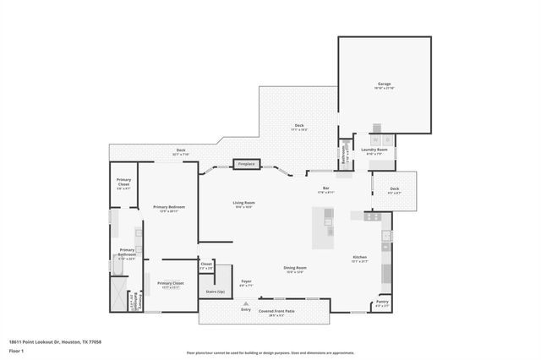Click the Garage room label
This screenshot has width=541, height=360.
click(385, 85)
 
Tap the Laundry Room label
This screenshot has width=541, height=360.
click(374, 150)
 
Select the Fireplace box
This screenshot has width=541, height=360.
click(246, 163)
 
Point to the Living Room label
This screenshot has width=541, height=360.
click(244, 204)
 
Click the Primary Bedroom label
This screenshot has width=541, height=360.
click(169, 207)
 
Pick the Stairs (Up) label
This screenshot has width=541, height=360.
click(216, 292)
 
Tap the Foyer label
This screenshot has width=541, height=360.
click(247, 281)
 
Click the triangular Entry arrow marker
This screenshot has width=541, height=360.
click(246, 303)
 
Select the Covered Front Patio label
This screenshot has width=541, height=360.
click(276, 310)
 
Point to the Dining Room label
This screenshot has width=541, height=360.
click(295, 269)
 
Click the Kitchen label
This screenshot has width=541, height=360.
click(359, 258)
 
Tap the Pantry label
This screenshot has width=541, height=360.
click(382, 302)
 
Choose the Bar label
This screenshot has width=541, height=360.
click(325, 188)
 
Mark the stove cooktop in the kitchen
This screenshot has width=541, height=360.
click(373, 216)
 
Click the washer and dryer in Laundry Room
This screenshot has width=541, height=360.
click(381, 139)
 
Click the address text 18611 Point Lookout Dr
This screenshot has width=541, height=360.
click(48, 341)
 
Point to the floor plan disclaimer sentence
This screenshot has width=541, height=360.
click(270, 352)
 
